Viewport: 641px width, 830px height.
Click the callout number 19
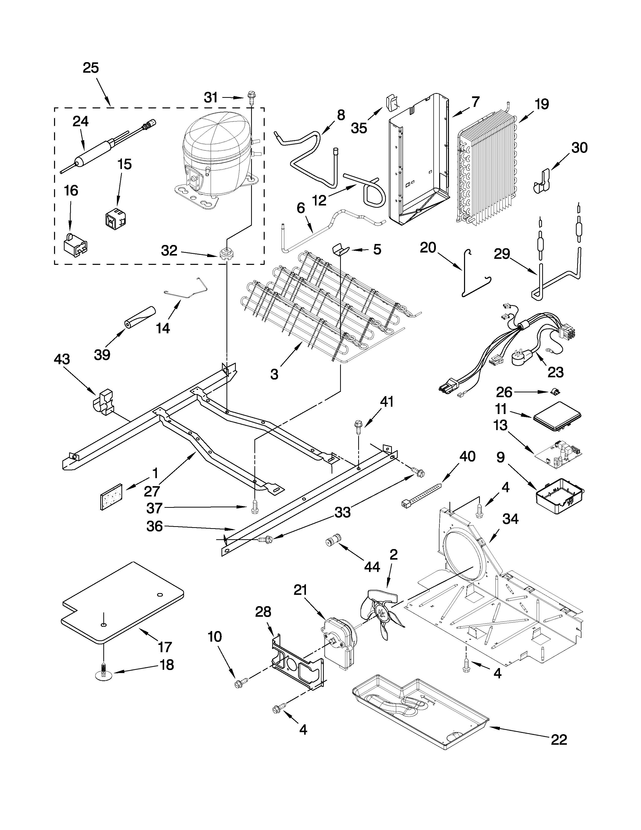click(x=541, y=104)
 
